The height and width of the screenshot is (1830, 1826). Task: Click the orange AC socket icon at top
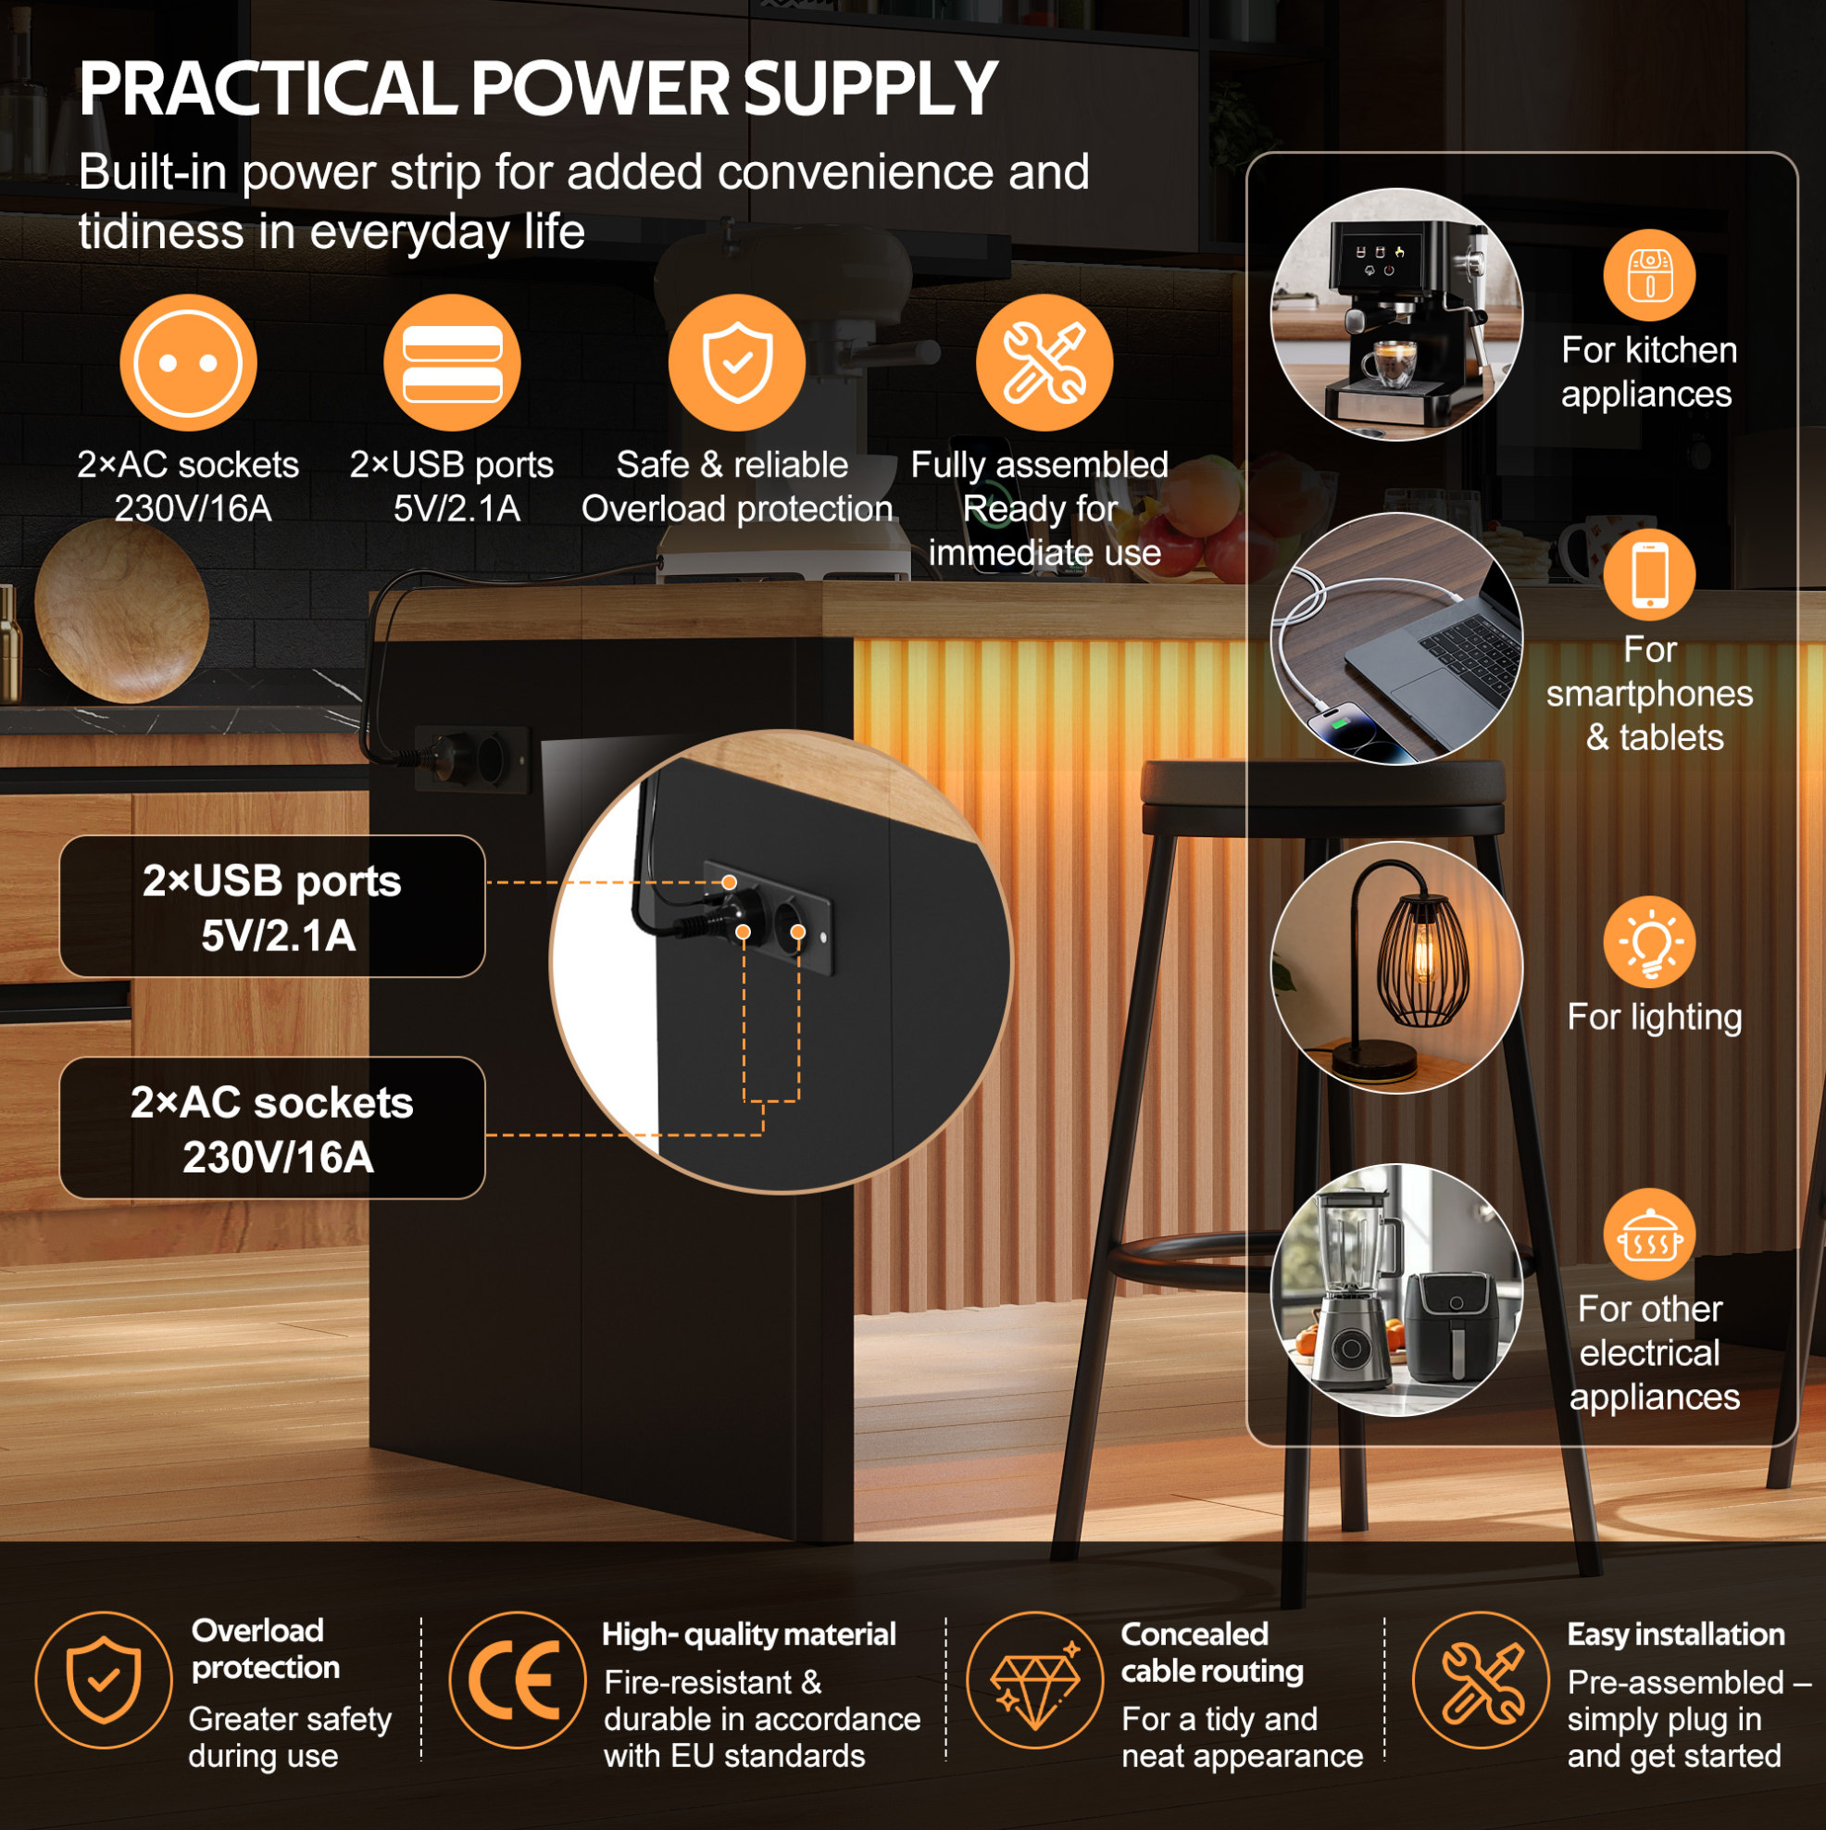pyautogui.click(x=188, y=363)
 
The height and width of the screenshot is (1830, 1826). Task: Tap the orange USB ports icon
pyautogui.click(x=452, y=363)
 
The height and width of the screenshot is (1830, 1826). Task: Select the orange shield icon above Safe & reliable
pyautogui.click(x=737, y=363)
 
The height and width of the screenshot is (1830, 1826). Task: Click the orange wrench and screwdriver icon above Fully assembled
pyautogui.click(x=1044, y=363)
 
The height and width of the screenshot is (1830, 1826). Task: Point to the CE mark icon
pyautogui.click(x=517, y=1679)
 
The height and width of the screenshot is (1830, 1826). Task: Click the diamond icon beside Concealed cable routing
pyautogui.click(x=1034, y=1679)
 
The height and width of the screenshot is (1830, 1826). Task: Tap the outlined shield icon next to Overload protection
pyautogui.click(x=103, y=1679)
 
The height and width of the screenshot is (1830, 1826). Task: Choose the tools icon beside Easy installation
pyautogui.click(x=1482, y=1679)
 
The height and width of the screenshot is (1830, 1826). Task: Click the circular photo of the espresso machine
pyautogui.click(x=1396, y=315)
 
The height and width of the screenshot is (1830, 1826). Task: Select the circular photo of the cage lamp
pyautogui.click(x=1396, y=967)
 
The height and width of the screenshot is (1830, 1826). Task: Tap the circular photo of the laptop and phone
pyautogui.click(x=1396, y=639)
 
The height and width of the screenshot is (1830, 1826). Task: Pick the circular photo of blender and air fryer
pyautogui.click(x=1396, y=1290)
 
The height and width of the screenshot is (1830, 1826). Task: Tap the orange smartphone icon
pyautogui.click(x=1650, y=575)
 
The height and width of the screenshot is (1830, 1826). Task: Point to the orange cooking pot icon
pyautogui.click(x=1650, y=1235)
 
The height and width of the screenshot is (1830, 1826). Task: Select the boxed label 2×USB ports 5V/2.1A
pyautogui.click(x=273, y=907)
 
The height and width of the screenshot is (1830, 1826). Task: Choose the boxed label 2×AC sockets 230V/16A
pyautogui.click(x=273, y=1128)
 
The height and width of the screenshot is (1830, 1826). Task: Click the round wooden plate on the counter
pyautogui.click(x=121, y=612)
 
